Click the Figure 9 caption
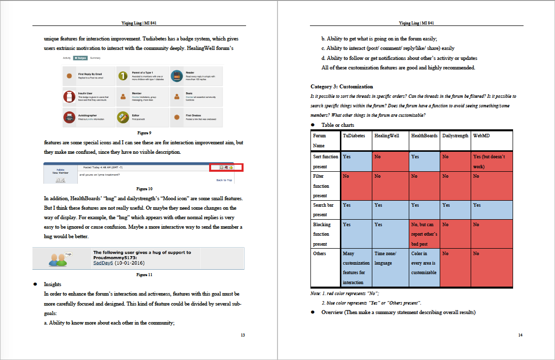point(144,133)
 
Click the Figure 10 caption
point(144,189)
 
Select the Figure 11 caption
point(144,275)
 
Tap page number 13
point(243,335)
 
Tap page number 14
point(520,335)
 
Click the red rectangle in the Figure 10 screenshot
point(226,167)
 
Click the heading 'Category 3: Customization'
point(341,87)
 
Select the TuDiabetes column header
point(354,136)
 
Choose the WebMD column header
point(482,136)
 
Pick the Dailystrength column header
point(455,136)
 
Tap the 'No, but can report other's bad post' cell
point(424,234)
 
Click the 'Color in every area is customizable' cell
point(424,263)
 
